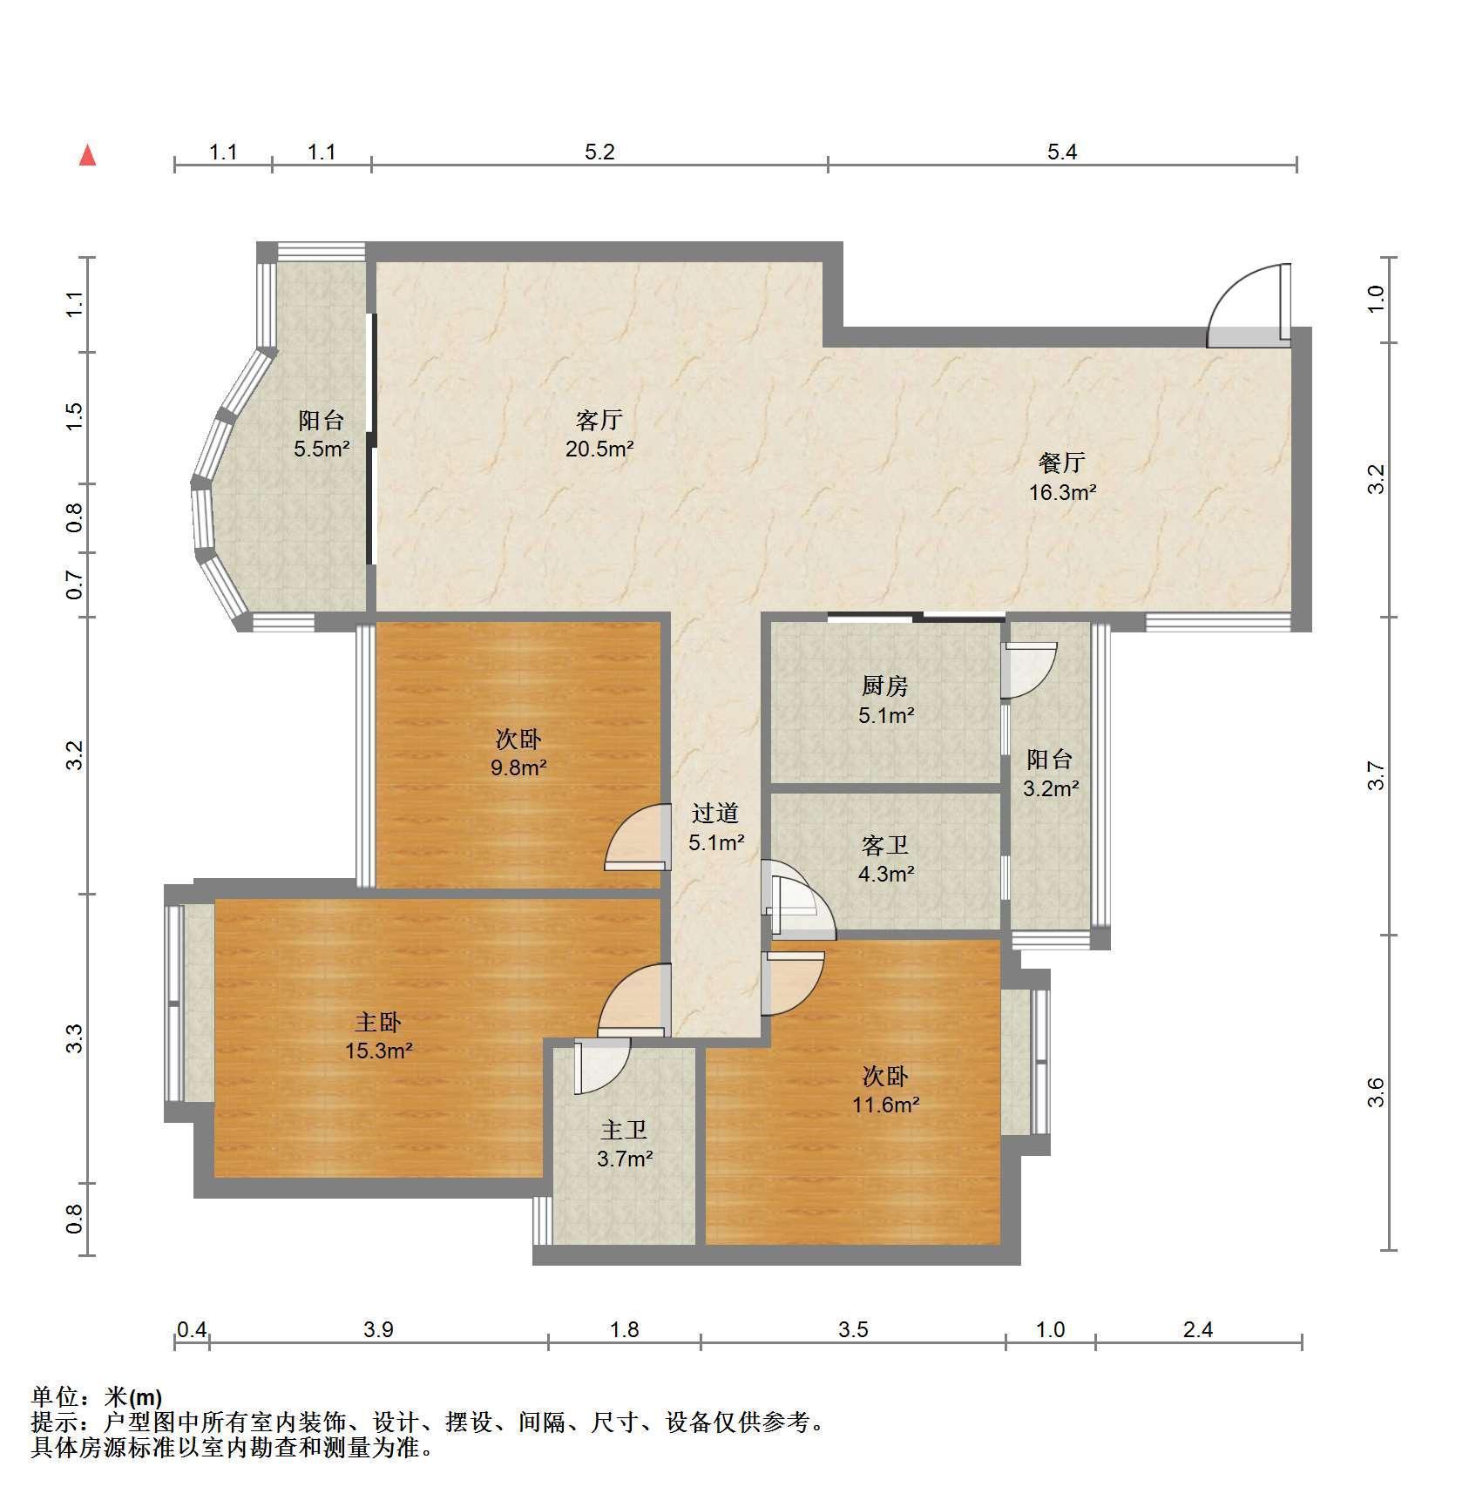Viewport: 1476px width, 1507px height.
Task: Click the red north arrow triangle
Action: (x=87, y=155)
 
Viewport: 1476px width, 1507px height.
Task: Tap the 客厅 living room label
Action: (x=599, y=421)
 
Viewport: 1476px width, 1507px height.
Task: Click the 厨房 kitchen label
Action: (x=885, y=686)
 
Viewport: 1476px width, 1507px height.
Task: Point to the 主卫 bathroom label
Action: (x=625, y=1130)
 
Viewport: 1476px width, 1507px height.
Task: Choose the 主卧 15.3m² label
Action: (x=378, y=1036)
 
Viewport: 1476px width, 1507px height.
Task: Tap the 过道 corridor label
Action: (x=715, y=813)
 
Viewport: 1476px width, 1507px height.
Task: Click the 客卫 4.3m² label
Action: (x=885, y=859)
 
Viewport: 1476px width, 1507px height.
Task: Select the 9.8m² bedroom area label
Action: (x=518, y=768)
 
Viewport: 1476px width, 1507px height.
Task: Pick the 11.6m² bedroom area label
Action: (x=886, y=1105)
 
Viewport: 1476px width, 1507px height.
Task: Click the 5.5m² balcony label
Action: (x=322, y=449)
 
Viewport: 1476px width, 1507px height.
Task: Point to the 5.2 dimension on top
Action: (x=599, y=152)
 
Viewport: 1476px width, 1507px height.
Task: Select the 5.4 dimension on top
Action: (x=1062, y=152)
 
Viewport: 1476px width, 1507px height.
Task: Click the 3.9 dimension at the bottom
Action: (x=379, y=1329)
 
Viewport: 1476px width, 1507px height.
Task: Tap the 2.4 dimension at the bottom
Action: (x=1199, y=1329)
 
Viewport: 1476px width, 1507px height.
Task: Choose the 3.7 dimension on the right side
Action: (x=1375, y=775)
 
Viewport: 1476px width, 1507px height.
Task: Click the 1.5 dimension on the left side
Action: (x=75, y=416)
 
